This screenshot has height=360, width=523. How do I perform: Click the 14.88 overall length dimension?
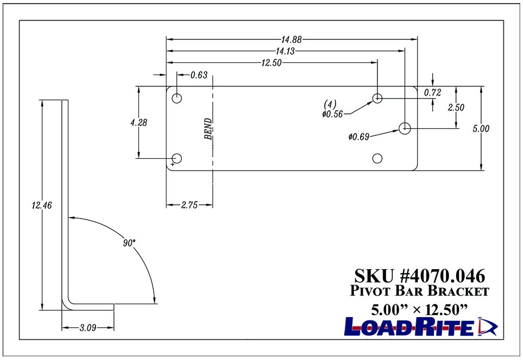point(291,39)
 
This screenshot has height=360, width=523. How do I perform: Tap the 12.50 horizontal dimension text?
point(272,62)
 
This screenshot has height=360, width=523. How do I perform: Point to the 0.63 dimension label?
point(199,76)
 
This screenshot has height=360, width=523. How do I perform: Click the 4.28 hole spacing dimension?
point(139,123)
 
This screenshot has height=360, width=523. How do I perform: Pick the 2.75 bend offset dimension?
point(189,205)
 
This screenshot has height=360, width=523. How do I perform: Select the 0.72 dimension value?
point(432,92)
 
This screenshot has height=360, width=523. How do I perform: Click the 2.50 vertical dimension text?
point(456,108)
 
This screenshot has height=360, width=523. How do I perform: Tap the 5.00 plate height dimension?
point(481,129)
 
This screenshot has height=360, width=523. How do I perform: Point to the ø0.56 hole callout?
point(332,114)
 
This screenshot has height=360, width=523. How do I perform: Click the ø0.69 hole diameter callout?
point(359,136)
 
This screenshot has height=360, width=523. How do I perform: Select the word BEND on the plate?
point(208,129)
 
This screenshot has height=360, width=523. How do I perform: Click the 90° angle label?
point(129,242)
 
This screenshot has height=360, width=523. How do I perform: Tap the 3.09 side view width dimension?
point(88,328)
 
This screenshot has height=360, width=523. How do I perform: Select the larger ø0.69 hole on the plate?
point(405,128)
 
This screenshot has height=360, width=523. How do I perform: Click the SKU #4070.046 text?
point(419,276)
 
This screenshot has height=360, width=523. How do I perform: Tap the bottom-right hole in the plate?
point(377,158)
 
